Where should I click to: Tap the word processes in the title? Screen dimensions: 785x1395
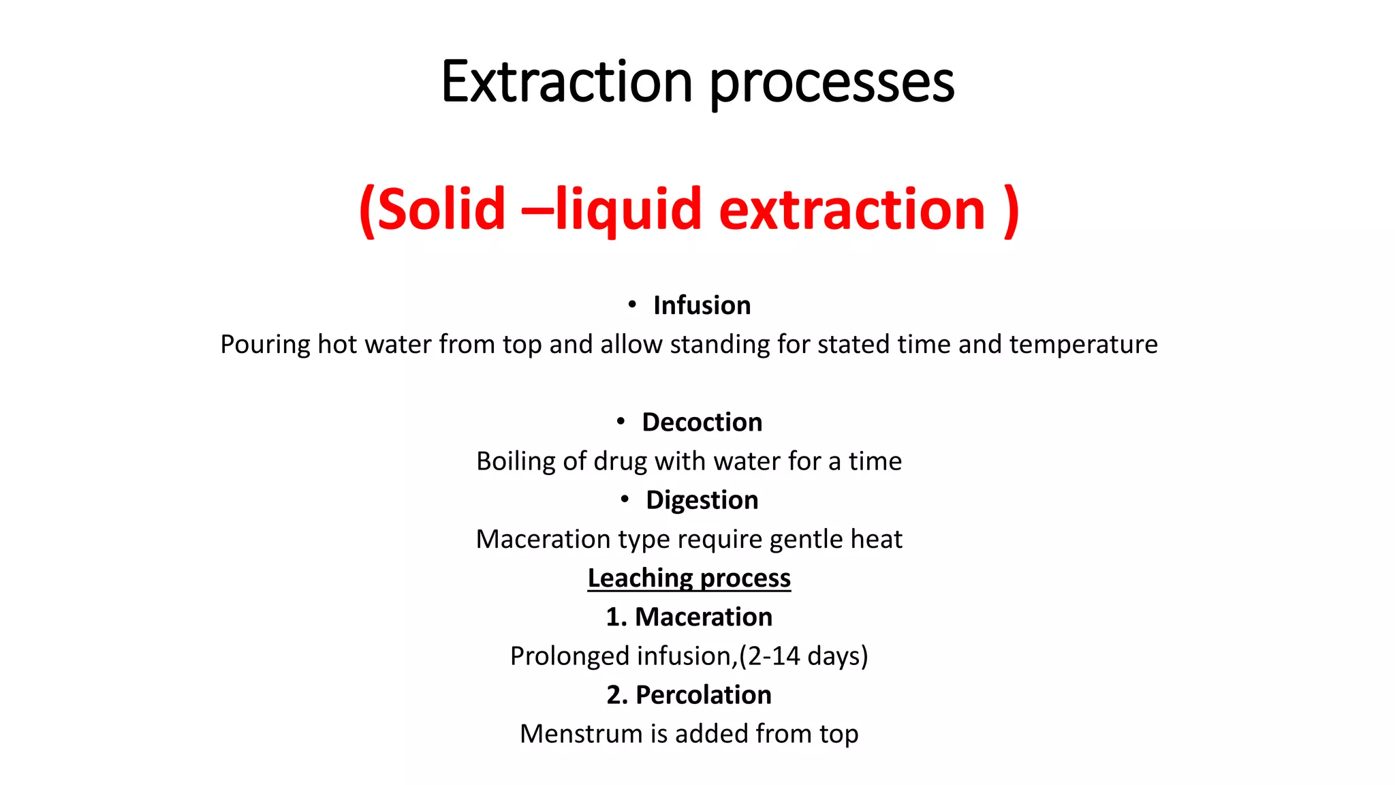[832, 83]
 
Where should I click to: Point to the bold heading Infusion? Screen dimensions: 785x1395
[702, 305]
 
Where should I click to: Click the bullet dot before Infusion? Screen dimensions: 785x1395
[632, 305]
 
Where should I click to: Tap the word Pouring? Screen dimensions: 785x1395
[265, 345]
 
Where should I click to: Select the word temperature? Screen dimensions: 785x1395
[1083, 345]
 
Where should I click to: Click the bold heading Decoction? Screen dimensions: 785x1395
[702, 422]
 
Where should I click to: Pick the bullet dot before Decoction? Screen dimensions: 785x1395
[621, 422]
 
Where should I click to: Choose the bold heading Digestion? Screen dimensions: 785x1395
[702, 500]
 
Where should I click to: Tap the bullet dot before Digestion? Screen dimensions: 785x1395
[625, 499]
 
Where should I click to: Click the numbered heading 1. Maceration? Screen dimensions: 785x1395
[689, 617]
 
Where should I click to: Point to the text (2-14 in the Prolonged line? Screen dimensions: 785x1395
[769, 656]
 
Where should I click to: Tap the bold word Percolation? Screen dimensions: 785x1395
[703, 695]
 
